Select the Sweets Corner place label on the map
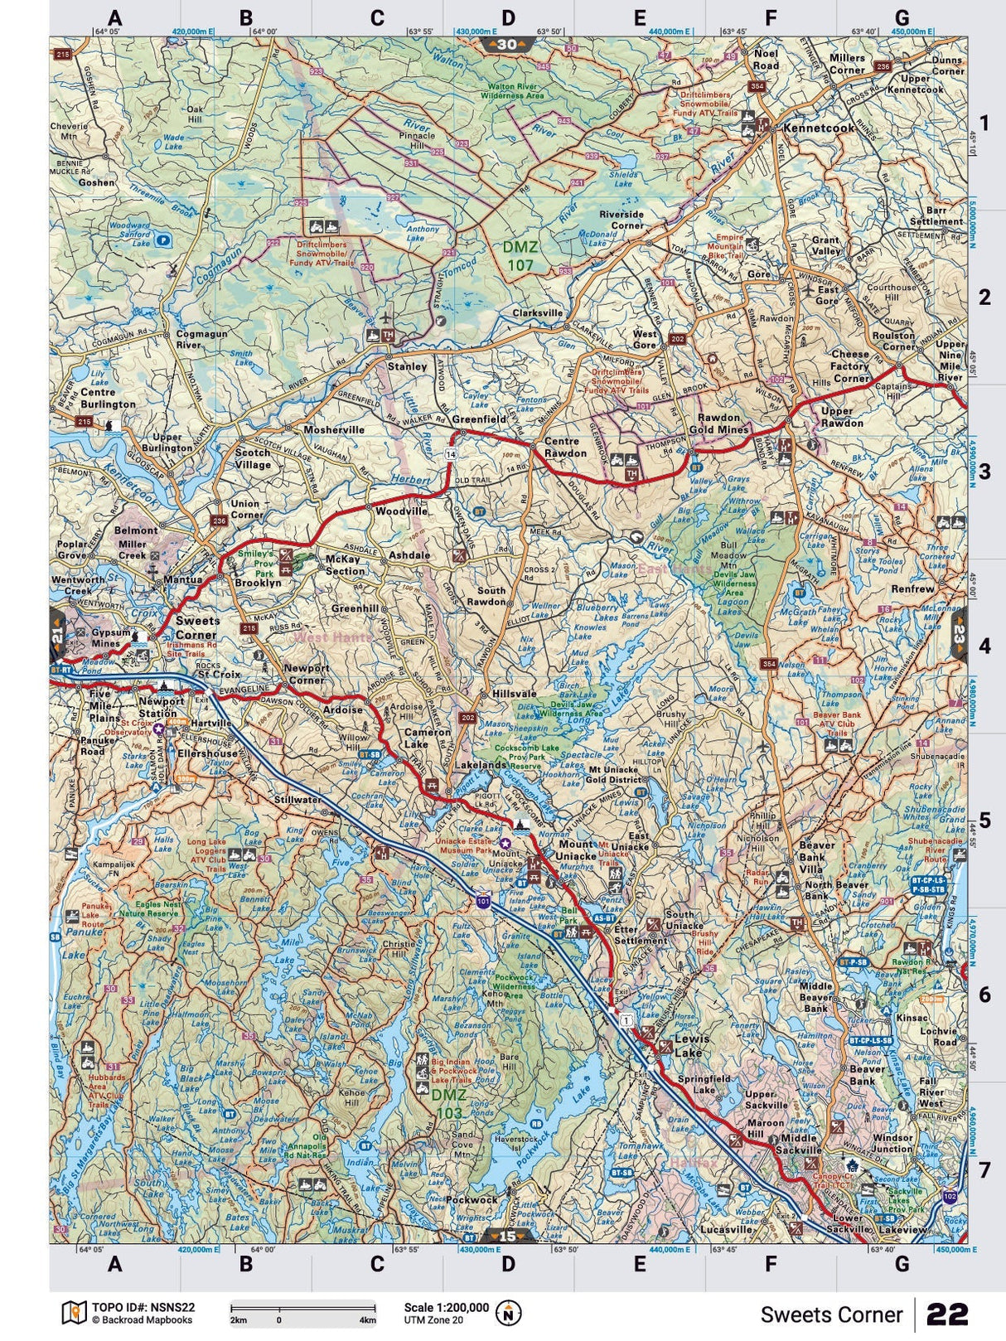tap(197, 627)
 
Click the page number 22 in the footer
tap(947, 1314)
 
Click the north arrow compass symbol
tap(508, 1313)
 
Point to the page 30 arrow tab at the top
tap(506, 44)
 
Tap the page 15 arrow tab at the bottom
tap(506, 1237)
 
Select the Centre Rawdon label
tap(565, 448)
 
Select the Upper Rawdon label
tap(842, 417)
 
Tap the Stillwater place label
tap(297, 800)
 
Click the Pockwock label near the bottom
tap(472, 1199)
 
